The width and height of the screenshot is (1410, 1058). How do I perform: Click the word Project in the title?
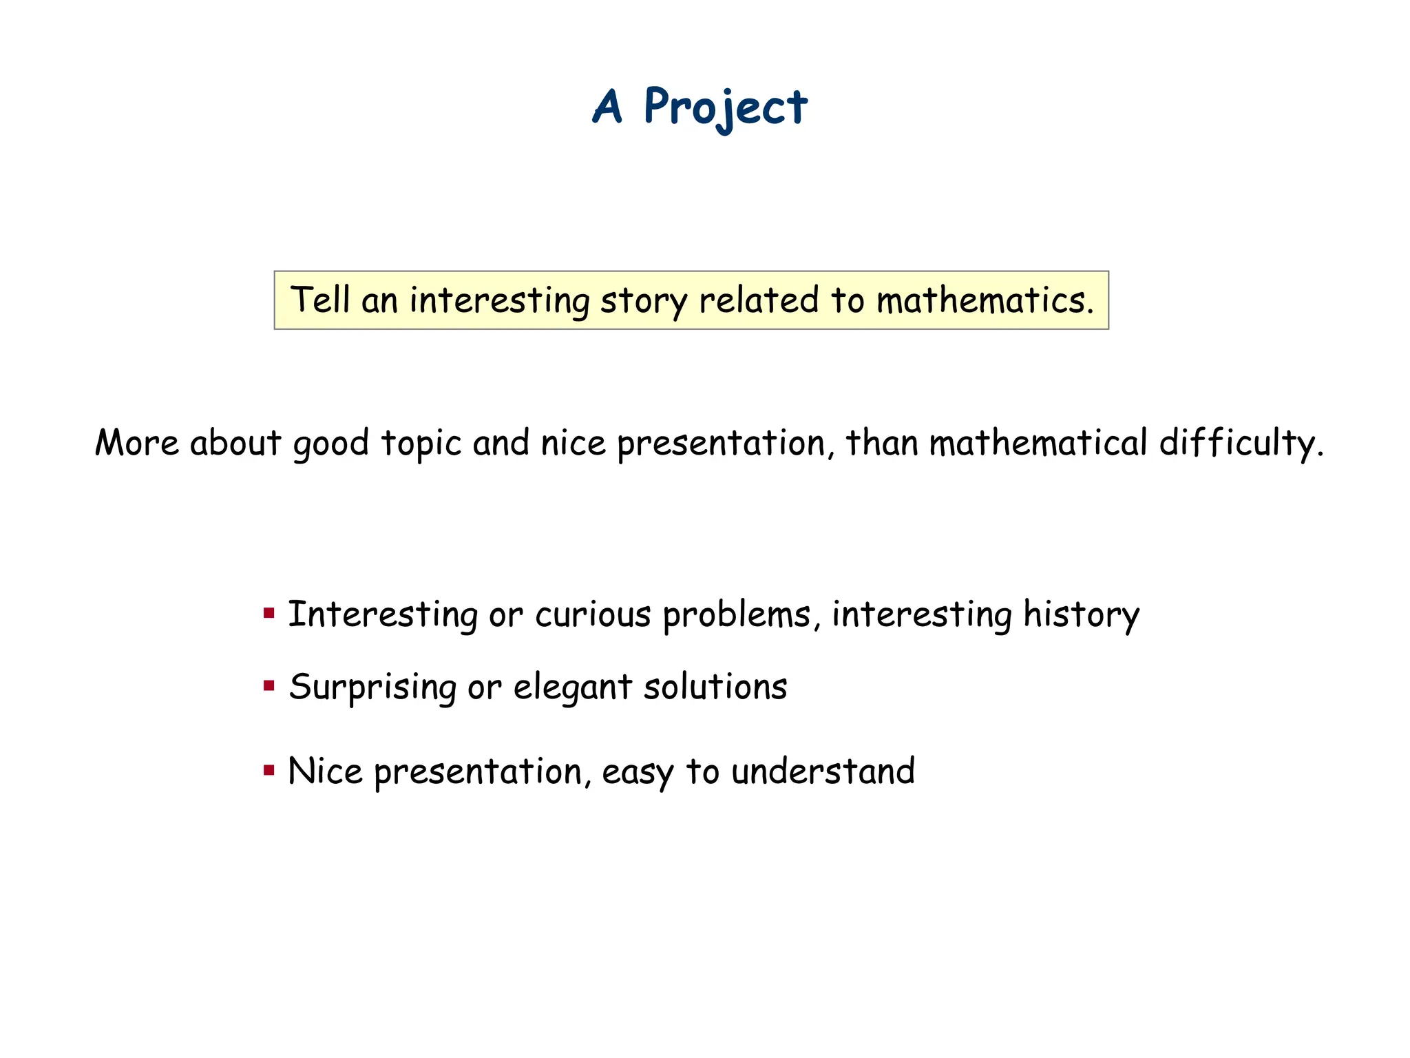click(725, 107)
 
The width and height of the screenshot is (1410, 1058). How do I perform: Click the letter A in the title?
click(608, 107)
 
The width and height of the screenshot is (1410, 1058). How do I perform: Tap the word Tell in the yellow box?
click(320, 300)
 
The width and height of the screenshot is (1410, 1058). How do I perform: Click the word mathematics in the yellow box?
click(985, 300)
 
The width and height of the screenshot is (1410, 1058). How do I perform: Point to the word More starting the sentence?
click(136, 442)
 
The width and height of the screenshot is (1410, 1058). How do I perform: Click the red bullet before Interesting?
click(269, 612)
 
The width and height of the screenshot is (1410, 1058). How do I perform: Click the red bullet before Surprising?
click(269, 685)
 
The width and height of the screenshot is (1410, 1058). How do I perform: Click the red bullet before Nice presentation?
click(269, 769)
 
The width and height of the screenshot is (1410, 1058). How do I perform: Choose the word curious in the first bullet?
click(593, 614)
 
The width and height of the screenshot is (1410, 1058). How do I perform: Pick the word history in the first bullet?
click(1081, 615)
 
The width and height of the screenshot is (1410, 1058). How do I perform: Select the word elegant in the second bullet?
click(573, 688)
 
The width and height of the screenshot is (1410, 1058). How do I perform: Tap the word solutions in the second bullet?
click(715, 687)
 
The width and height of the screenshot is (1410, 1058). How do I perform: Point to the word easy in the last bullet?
click(638, 772)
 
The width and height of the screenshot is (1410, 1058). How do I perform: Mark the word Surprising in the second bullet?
click(372, 688)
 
